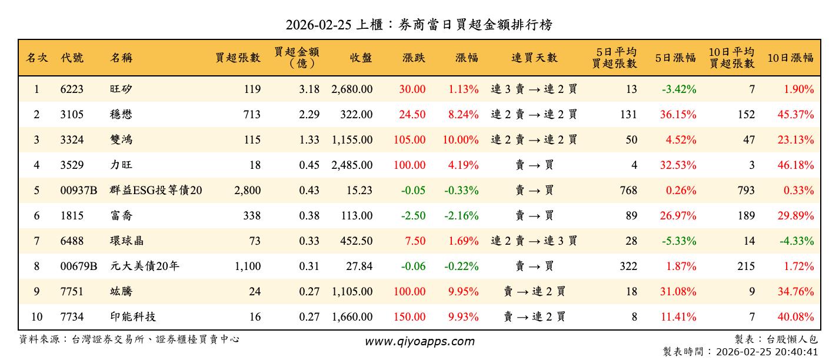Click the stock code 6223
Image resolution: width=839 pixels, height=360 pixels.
point(72,89)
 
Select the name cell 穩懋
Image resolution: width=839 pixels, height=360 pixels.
point(121,115)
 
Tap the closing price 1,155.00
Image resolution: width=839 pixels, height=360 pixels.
point(352,140)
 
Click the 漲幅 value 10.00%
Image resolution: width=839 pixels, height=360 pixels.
point(463,140)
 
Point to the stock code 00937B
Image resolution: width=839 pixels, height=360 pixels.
point(78,191)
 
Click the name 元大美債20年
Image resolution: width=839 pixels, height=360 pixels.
point(145,266)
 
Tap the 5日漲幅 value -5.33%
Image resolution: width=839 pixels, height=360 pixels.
point(678,241)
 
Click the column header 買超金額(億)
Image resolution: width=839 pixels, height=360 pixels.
point(297,57)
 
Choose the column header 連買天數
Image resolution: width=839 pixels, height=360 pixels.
point(534,58)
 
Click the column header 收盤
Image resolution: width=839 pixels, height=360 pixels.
point(361,58)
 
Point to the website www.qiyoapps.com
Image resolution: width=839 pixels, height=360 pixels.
point(419,341)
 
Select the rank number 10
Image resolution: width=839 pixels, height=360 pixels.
point(36,317)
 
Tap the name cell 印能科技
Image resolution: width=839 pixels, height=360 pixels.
point(133,317)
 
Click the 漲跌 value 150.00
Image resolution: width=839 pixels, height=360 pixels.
point(412,317)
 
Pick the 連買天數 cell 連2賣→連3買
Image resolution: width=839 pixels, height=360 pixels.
point(534,241)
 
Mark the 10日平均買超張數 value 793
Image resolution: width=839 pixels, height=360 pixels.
point(745,191)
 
